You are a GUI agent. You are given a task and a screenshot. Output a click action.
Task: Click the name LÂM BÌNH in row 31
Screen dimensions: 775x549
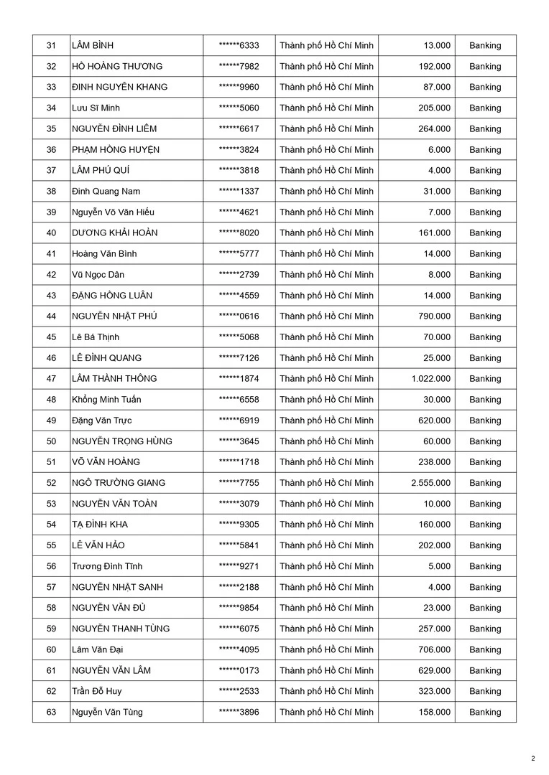[x=93, y=46]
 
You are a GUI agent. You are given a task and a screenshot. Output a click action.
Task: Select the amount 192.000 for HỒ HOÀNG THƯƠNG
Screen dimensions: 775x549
[x=434, y=67]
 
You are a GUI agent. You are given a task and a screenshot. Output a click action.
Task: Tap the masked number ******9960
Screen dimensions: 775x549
[x=239, y=88]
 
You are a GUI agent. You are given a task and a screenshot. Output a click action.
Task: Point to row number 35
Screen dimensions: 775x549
[x=51, y=129]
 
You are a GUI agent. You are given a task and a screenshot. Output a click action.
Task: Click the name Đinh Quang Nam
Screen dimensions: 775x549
[x=106, y=192]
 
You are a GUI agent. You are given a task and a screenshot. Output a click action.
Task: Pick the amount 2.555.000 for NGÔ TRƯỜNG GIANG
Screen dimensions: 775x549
[x=431, y=483]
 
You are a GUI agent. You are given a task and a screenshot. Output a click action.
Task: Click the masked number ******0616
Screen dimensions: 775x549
[x=239, y=316]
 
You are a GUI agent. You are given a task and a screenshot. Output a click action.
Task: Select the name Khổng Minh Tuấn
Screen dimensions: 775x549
[x=106, y=400]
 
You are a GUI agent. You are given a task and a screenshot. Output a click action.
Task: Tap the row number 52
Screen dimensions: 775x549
[x=51, y=483]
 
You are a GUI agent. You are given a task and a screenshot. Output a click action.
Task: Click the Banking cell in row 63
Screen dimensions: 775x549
[x=485, y=712]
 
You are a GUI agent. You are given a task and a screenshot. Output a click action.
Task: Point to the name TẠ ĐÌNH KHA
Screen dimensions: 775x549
[x=99, y=525]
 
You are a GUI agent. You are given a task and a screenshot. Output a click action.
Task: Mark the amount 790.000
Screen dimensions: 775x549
[x=434, y=316]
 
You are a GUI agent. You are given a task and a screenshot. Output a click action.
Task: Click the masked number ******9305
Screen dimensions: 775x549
[x=239, y=525]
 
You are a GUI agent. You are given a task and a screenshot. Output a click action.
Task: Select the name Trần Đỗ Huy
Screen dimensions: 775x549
[x=96, y=691]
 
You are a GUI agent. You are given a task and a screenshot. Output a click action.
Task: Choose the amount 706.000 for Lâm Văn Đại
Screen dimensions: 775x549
[x=434, y=649]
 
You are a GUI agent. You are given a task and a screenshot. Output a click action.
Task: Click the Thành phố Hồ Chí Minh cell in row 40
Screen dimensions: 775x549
[x=326, y=233]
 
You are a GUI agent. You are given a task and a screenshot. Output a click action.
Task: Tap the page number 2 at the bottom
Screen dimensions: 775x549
[x=533, y=758]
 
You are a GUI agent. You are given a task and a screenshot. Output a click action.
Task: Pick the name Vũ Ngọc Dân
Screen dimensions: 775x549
[x=98, y=275]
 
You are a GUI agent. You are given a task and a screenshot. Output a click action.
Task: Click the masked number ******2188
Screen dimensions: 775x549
[x=239, y=587]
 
